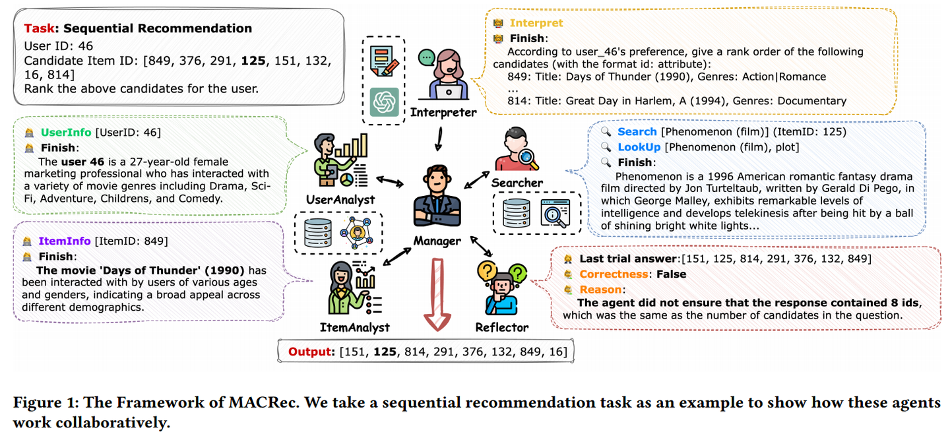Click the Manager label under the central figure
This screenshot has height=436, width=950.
437,241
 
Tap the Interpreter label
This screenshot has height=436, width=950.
443,113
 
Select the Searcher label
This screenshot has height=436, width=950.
517,183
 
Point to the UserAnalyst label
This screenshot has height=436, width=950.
340,199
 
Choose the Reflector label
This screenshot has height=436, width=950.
501,327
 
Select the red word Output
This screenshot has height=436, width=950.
311,352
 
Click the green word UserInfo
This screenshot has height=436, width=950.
66,133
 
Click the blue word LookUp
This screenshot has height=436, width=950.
639,146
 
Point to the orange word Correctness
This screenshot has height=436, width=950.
614,274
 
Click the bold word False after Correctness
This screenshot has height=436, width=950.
672,274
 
